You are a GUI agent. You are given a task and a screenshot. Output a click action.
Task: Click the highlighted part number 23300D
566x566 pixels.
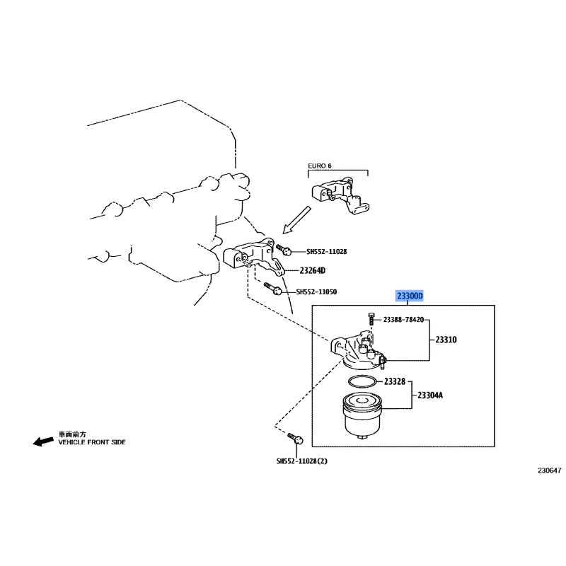point(410,296)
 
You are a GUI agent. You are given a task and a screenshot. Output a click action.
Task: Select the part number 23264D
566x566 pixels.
point(312,270)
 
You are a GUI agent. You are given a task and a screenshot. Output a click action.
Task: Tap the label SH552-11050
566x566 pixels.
point(316,291)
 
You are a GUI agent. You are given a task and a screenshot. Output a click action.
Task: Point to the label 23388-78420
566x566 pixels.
point(403,320)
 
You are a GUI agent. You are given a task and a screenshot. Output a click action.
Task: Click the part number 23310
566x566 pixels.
point(446,340)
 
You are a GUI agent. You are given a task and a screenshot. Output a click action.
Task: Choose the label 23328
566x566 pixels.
point(395,381)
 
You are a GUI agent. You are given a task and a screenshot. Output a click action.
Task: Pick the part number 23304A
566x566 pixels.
point(430,395)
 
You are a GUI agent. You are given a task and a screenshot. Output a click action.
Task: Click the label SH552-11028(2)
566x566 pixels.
point(302,461)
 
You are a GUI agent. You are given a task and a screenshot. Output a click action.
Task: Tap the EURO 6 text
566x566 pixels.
point(320,166)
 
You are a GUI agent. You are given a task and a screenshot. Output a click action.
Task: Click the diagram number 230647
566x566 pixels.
point(550,470)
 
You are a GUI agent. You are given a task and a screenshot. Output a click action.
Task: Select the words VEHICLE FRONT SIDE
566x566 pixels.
point(92,441)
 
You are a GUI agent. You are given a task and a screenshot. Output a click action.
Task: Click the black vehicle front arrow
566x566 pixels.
point(43,441)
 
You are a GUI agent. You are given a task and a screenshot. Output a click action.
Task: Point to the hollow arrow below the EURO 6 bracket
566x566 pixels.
point(296,220)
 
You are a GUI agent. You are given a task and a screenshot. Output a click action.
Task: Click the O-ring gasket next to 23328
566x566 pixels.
point(362,381)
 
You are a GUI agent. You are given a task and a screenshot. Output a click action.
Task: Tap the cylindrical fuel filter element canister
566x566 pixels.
point(362,415)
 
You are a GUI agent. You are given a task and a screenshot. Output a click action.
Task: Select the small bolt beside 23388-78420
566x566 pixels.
point(371,319)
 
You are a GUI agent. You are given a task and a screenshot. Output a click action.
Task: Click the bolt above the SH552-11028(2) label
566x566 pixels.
point(295,438)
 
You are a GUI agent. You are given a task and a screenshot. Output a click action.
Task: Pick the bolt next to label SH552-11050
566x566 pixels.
point(272,288)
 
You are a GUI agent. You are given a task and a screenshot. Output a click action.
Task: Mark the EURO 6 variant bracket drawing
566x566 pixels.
point(340,196)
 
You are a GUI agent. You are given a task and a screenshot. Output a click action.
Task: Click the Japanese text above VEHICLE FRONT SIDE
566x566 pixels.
point(73,434)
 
